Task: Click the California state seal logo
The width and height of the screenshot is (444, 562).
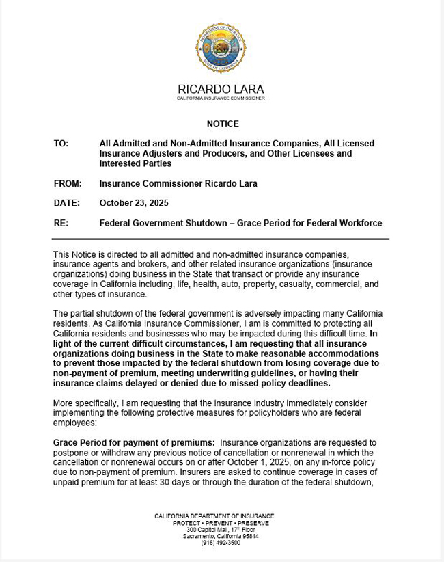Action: coord(221,47)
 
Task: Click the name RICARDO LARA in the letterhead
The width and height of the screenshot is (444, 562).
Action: coord(221,90)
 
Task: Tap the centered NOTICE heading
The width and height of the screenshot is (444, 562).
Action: coord(223,124)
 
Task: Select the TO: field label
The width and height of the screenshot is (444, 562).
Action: coord(61,144)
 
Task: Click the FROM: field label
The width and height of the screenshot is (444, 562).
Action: coord(68,183)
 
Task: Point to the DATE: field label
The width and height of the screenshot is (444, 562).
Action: coord(67,203)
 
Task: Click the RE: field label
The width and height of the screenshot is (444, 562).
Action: coord(61,223)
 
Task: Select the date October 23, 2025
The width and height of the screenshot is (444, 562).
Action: coord(134,203)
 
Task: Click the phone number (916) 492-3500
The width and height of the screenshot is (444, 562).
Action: coord(221,543)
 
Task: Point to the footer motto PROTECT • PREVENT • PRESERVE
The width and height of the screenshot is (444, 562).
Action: coord(221,523)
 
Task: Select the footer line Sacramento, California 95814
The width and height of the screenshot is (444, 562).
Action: coord(221,536)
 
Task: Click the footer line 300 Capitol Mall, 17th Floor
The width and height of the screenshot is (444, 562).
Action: coord(221,530)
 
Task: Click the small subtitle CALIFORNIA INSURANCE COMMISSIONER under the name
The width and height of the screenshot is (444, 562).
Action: coord(221,98)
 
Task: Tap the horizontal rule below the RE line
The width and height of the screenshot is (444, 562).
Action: coord(221,239)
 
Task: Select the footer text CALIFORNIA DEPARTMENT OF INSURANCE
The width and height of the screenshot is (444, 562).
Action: coord(214,516)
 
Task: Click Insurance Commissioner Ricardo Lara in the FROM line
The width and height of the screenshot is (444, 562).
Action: coord(178,183)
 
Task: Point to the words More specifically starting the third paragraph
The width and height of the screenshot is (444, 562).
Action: coord(83,403)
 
